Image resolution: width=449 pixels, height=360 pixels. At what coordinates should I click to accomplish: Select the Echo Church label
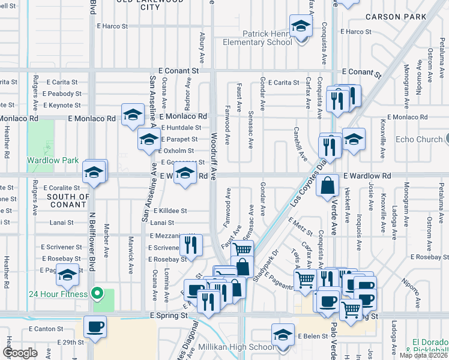coord(419,140)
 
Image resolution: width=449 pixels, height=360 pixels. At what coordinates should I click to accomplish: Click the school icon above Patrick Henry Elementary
coord(300,26)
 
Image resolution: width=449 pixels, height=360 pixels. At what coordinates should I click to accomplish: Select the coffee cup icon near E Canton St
coord(95,326)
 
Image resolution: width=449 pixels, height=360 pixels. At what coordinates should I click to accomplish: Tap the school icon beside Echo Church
coord(354,139)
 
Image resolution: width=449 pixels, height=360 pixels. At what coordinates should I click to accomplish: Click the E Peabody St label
coord(62,94)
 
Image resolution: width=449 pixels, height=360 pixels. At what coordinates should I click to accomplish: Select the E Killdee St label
coord(170,211)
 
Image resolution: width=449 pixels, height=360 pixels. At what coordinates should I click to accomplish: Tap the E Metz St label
coord(301,227)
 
